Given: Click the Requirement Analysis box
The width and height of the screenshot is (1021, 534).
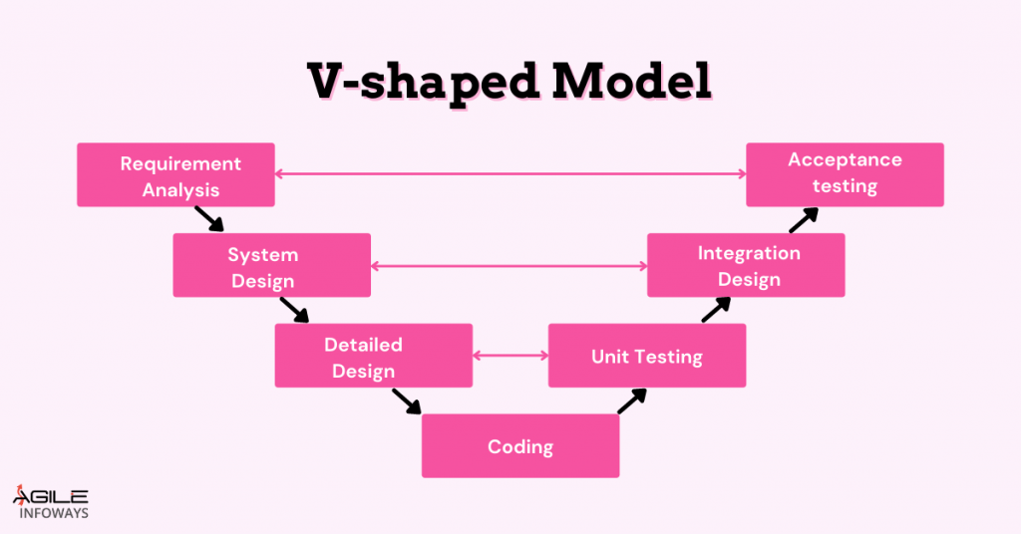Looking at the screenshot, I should tap(175, 175).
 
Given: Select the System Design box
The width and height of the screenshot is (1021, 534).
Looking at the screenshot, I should tap(271, 265).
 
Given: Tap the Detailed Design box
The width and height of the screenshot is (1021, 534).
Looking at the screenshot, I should tap(373, 356).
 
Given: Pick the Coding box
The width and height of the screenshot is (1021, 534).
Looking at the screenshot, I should tap(520, 446).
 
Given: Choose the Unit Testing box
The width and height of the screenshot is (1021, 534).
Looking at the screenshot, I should tap(646, 356).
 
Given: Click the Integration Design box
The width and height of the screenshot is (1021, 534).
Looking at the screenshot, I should tap(746, 265).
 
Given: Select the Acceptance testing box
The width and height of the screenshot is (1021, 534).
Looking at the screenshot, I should tap(845, 174).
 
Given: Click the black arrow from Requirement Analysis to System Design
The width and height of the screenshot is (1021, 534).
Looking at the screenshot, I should tap(209, 218).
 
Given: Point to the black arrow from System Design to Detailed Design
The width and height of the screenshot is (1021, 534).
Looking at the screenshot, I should tap(295, 310).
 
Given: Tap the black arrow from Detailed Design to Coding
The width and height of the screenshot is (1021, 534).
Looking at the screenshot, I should tap(407, 400).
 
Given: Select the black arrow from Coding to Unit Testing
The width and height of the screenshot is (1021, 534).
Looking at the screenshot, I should tap(632, 400).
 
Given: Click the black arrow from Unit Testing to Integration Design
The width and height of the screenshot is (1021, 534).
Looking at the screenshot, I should tap(716, 310).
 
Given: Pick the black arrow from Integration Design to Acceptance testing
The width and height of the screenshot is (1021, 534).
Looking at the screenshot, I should tap(804, 219).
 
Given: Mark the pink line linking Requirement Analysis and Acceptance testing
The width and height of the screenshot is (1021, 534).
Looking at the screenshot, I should tap(510, 174).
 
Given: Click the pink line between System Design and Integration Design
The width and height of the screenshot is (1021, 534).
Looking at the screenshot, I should tap(509, 266).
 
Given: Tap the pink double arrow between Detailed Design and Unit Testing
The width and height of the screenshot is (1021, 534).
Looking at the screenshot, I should tap(510, 356).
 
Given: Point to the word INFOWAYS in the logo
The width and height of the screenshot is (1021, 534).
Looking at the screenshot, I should tap(54, 514).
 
